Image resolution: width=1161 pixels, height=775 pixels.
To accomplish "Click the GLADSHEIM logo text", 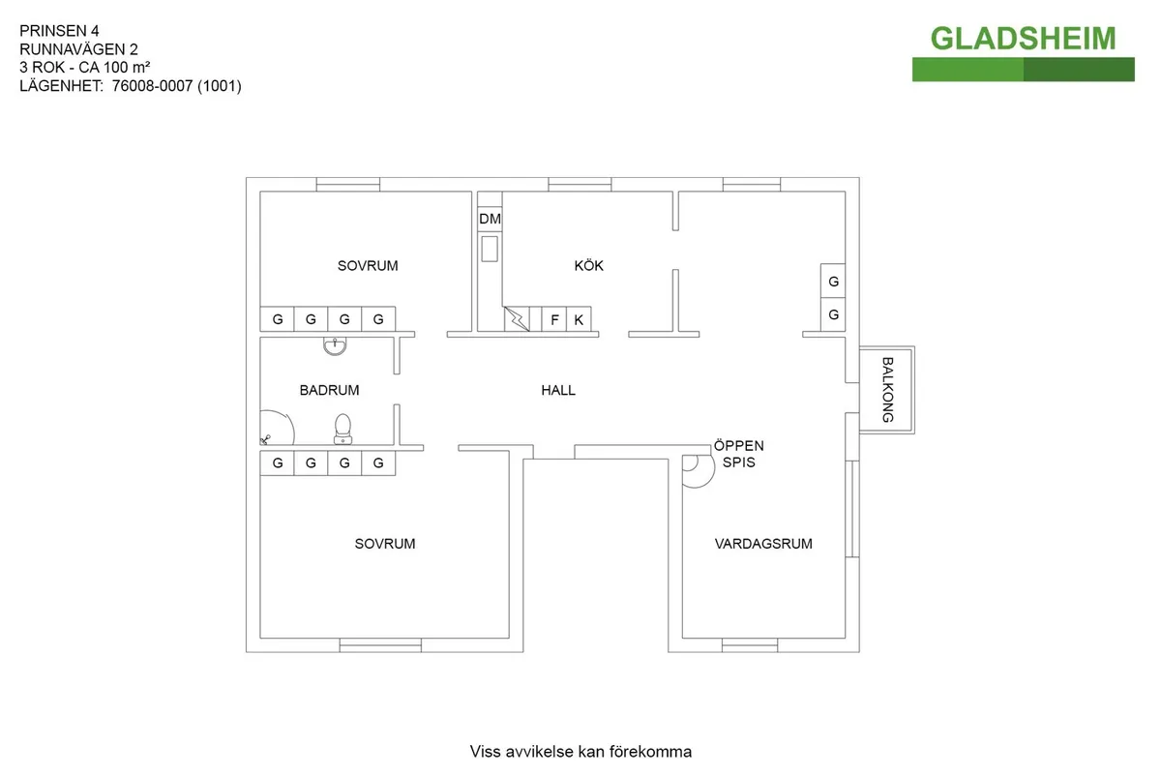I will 1023,38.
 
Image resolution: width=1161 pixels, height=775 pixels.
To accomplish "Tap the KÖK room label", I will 588,265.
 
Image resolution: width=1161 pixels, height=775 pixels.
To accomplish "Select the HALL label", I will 558,390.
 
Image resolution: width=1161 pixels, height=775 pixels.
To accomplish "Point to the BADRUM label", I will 329,390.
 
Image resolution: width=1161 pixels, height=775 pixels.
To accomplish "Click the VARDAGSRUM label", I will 763,544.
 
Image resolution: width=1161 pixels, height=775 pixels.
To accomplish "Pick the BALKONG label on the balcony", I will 887,390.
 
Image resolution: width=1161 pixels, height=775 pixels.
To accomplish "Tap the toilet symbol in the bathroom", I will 342,429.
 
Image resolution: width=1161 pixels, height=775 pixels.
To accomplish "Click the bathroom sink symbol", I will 334,344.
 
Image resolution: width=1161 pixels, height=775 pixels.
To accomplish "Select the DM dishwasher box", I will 490,220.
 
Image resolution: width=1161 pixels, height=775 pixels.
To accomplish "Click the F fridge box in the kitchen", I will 554,319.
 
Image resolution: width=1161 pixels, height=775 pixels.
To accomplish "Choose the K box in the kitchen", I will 579,319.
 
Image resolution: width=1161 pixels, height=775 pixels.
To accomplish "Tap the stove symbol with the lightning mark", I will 517,319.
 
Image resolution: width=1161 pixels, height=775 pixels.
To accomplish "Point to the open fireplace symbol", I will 694,469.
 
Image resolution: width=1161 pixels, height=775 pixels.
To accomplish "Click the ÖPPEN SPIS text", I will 739,454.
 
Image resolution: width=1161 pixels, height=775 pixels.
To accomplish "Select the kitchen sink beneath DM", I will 490,249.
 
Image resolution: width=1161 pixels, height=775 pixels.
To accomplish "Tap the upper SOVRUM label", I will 368,265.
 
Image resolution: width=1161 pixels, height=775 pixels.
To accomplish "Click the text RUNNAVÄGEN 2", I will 78,49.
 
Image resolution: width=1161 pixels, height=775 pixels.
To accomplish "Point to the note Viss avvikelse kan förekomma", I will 580,752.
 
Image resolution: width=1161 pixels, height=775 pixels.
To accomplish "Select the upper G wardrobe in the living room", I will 833,282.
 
